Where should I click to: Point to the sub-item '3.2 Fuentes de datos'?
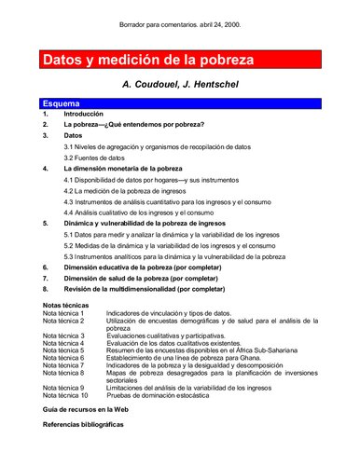coord(102,157)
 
